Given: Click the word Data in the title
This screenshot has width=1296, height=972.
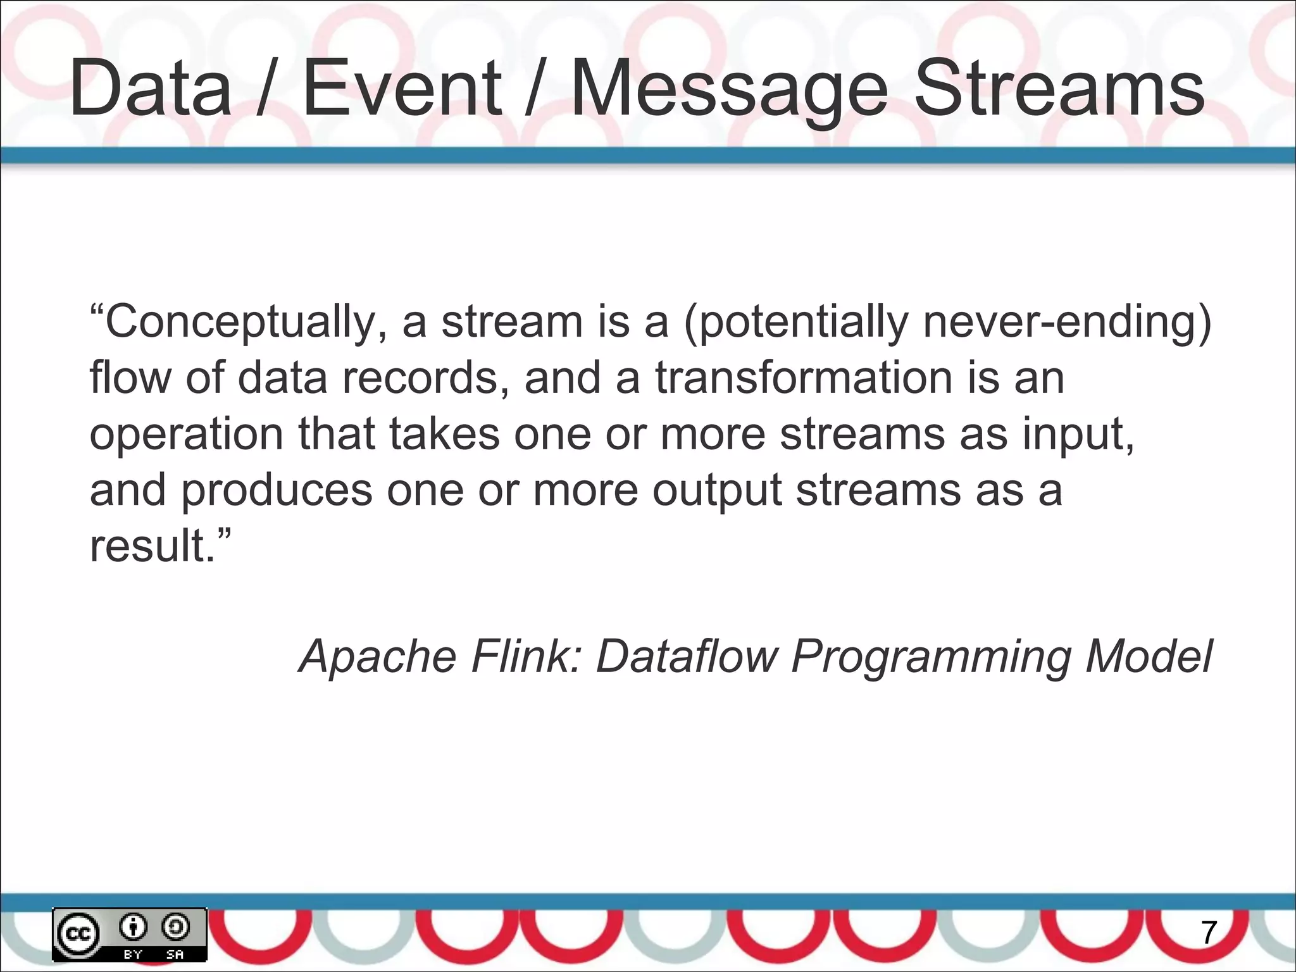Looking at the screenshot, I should coord(151,89).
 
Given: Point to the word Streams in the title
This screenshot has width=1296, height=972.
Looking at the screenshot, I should coord(1059,89).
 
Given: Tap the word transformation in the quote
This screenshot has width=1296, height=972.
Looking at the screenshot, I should coord(804,378).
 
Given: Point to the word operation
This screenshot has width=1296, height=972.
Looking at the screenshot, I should coord(186,434).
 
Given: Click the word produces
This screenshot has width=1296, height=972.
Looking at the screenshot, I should coord(277,490).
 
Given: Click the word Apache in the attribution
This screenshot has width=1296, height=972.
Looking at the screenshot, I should coord(378,656).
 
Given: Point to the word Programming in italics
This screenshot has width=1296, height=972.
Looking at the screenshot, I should coord(930,656).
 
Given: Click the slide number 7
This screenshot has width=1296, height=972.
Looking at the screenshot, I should coord(1209,933).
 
